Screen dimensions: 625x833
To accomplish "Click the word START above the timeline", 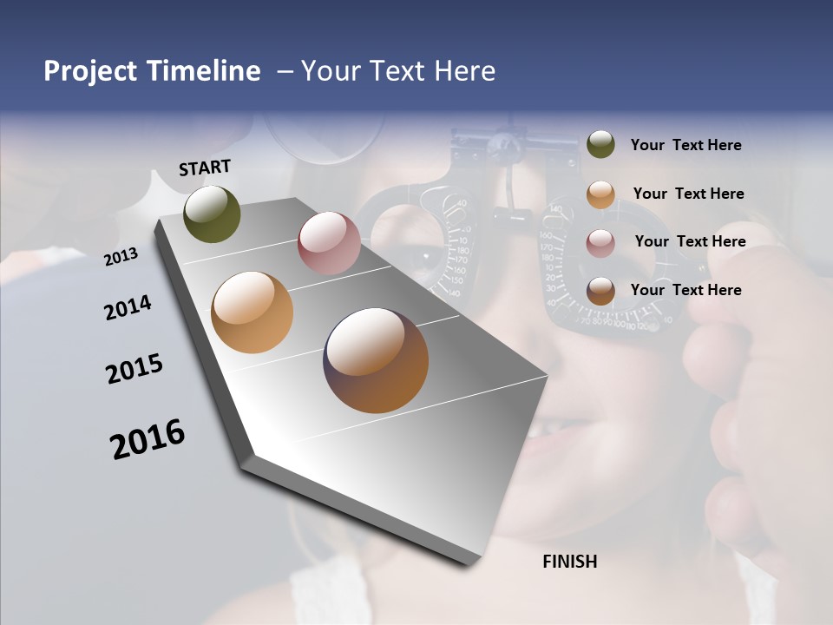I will coord(205,168).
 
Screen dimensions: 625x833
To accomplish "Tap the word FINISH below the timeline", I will coord(569,562).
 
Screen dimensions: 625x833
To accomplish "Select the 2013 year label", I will coord(121,256).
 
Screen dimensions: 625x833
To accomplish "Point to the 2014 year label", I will coord(128,307).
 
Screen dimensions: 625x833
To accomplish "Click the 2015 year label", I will coord(134,369).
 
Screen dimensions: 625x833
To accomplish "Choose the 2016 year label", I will coord(148,438).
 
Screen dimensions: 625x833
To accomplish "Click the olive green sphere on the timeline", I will coord(213,214).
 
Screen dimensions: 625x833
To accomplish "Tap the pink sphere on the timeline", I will coord(329,243).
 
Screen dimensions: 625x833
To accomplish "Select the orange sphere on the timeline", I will coord(252,312).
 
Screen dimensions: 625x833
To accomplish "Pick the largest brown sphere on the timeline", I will coord(376,360).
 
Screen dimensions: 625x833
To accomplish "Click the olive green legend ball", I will coord(600,145).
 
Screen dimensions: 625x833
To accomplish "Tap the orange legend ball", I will coord(600,194).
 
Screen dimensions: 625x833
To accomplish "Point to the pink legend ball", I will coord(600,242).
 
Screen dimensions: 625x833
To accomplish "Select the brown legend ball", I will coord(600,291).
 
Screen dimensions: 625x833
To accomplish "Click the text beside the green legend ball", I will coord(685,146).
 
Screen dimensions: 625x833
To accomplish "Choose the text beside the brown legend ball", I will coord(685,290).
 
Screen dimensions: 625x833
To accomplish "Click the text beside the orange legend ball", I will coord(688,194).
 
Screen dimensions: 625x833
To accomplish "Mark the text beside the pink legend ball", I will coord(690,241).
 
